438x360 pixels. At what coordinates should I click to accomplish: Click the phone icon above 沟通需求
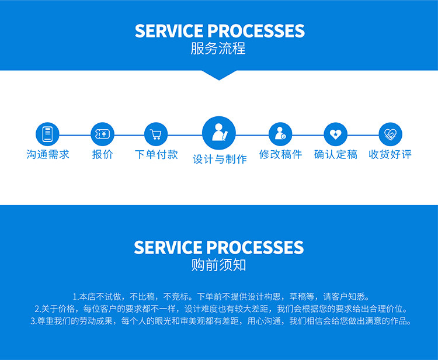click(47, 134)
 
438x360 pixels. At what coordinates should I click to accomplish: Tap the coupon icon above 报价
click(103, 134)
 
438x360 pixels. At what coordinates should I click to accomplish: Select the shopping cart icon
click(156, 134)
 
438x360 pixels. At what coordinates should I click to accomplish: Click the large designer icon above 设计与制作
click(219, 133)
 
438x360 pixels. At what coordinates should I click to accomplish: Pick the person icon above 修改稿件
click(280, 134)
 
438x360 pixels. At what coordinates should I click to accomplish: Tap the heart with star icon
click(335, 134)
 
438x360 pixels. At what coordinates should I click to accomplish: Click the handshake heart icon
click(390, 134)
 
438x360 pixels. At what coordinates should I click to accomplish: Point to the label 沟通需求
click(48, 154)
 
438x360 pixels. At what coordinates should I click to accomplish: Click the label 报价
click(103, 154)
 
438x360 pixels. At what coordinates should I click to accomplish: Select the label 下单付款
click(156, 154)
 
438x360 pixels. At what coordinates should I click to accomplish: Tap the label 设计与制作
click(220, 159)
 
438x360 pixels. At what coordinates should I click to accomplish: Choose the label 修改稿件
click(280, 154)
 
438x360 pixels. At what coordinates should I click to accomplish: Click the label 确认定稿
click(335, 154)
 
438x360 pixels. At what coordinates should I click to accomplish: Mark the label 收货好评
click(390, 154)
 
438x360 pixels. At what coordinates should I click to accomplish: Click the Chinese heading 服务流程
click(218, 49)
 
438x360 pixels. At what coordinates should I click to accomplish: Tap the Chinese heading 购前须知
click(219, 265)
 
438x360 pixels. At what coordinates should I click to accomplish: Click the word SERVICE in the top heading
click(169, 31)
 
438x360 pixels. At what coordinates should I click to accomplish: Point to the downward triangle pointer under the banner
click(219, 75)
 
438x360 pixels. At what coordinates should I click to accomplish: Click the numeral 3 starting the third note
click(32, 321)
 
